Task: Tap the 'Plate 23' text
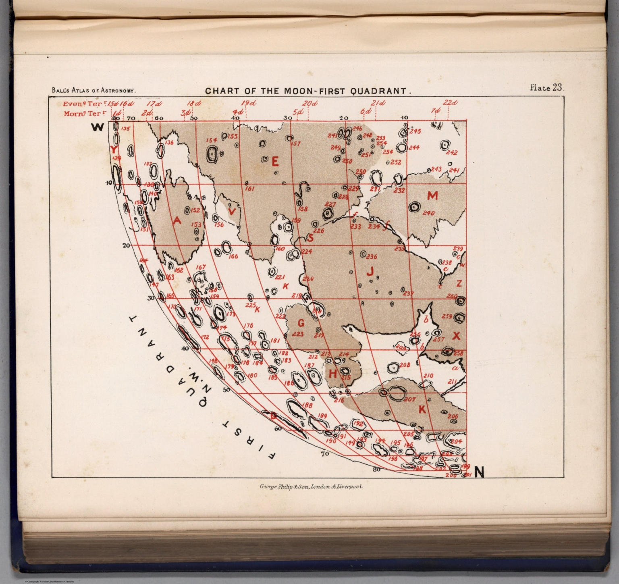click(x=547, y=88)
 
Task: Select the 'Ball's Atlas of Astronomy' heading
click(x=93, y=91)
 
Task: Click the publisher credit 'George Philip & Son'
click(x=312, y=486)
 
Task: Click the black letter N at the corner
click(x=479, y=471)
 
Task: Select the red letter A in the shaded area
click(x=177, y=220)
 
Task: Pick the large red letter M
click(x=432, y=196)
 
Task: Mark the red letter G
click(x=301, y=323)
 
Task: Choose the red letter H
click(x=332, y=374)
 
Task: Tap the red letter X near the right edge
click(x=456, y=336)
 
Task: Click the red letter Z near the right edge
click(x=459, y=284)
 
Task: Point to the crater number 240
click(x=428, y=213)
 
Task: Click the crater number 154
click(x=212, y=140)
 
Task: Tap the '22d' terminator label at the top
click(x=451, y=103)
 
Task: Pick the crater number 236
click(x=371, y=257)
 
